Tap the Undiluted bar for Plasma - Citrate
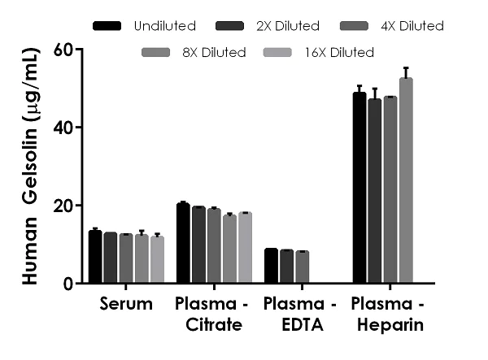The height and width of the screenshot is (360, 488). pos(183,244)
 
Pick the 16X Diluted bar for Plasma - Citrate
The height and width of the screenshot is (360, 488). pos(244,248)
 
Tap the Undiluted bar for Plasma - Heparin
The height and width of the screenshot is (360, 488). pos(359,188)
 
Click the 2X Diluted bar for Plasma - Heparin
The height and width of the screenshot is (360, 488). pos(374,191)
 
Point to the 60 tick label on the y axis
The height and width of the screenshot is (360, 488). pos(63,50)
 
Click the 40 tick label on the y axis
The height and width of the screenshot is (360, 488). pos(63,128)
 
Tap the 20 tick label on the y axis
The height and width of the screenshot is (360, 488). pos(63,206)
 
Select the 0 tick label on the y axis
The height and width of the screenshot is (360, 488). pos(68,284)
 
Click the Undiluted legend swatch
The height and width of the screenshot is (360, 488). pos(107,26)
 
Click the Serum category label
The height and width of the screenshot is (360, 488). pos(126,306)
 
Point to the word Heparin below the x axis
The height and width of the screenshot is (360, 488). pos(387,325)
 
